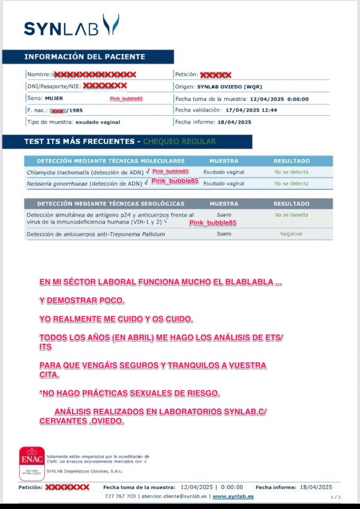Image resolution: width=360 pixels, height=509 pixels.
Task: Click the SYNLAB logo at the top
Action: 71,26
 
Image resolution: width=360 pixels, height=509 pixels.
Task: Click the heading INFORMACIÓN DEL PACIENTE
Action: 85,57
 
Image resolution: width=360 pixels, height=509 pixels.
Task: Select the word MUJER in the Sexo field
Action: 53,98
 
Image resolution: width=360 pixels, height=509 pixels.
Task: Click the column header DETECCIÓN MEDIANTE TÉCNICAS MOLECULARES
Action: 110,161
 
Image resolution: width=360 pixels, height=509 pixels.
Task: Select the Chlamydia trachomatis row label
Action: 84,172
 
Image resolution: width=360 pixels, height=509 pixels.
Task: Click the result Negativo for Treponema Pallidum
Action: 291,233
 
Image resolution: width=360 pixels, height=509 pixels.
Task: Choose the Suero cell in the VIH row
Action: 224,214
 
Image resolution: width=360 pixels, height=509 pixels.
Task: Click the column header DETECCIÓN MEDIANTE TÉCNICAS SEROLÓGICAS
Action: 110,203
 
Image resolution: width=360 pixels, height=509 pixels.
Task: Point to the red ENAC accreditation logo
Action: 31,463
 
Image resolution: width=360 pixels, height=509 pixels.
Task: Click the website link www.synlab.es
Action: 233,496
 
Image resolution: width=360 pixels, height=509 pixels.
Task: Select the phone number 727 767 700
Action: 119,496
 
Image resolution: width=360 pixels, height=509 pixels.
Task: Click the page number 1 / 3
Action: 335,497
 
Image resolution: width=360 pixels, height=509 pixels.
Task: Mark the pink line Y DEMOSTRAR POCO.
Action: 82,300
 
